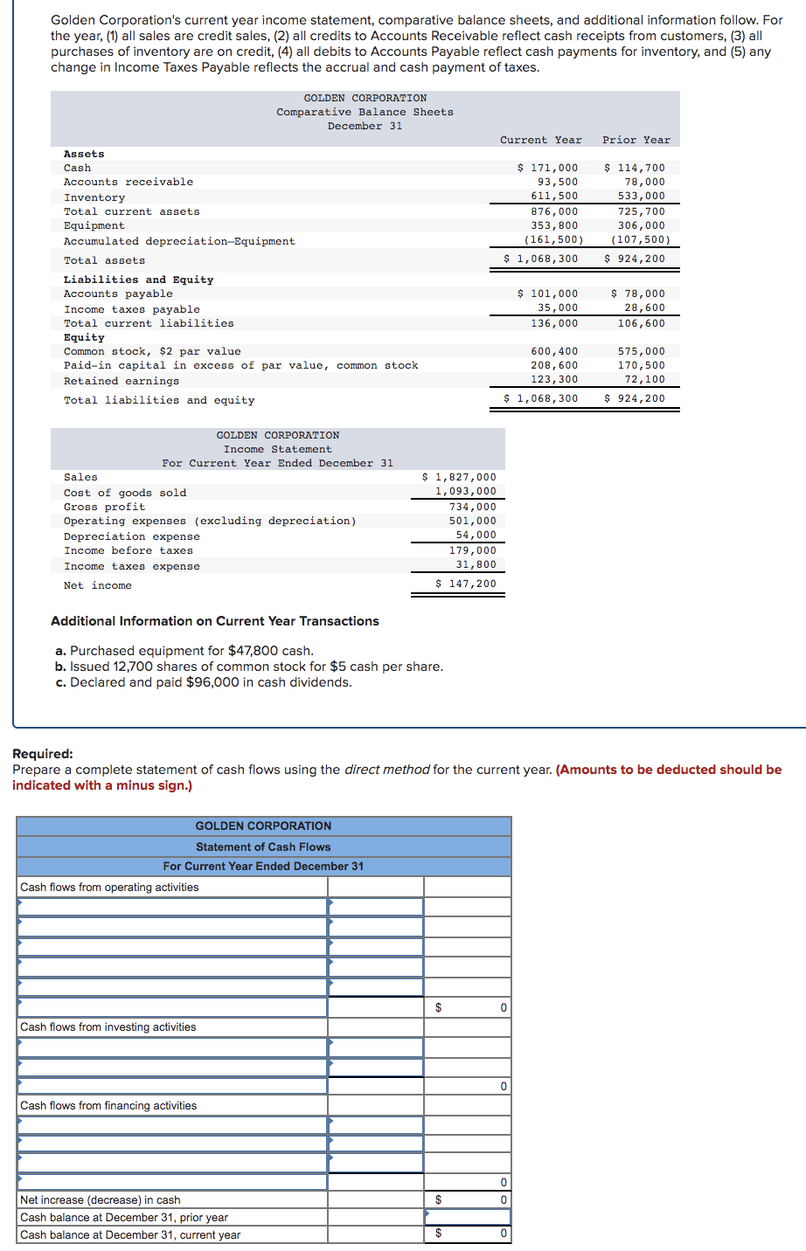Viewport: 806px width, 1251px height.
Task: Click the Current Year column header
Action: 540,140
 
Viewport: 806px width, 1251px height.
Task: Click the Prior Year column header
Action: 636,140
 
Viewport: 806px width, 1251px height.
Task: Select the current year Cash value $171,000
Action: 548,168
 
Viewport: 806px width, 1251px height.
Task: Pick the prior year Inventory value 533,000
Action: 641,196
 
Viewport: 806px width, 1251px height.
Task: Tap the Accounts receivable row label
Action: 129,182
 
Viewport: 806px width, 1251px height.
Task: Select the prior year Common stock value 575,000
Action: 641,351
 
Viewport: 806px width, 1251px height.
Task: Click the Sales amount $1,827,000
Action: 459,477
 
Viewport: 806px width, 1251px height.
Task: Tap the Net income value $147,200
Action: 466,584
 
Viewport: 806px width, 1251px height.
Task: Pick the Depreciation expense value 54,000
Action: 476,535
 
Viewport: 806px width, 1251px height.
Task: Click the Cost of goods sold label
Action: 125,493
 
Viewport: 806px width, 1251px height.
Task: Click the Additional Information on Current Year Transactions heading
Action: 215,621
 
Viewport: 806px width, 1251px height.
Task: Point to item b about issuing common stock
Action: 249,667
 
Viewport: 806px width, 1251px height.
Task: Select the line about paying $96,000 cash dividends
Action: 204,682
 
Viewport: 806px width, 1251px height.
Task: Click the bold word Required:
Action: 43,754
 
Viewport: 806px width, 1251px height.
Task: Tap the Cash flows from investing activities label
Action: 108,1027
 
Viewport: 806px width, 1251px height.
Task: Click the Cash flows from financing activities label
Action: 108,1106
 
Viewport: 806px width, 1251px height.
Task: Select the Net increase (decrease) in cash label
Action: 101,1200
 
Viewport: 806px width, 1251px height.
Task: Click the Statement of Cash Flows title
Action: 263,847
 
